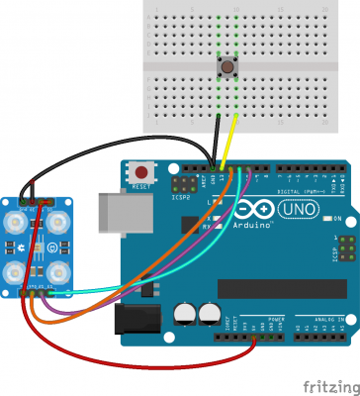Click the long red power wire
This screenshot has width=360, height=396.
[x=148, y=361]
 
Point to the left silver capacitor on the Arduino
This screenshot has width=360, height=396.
[x=186, y=314]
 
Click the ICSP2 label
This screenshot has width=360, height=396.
[x=180, y=196]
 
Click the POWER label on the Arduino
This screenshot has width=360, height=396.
[x=277, y=319]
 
